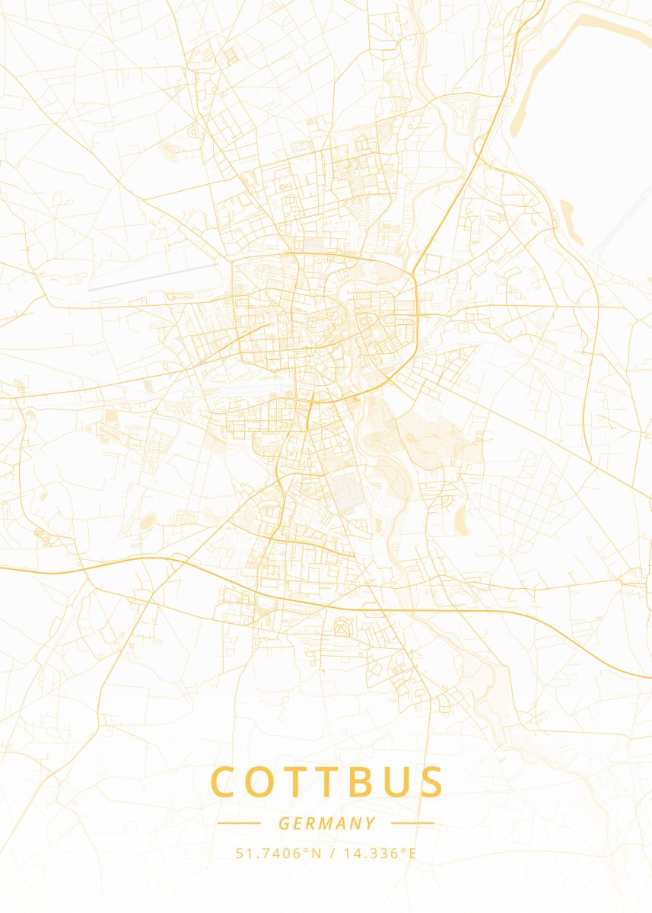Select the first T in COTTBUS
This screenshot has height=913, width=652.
click(x=299, y=782)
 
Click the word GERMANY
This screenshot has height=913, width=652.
click(x=326, y=823)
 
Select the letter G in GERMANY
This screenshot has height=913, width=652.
click(x=283, y=823)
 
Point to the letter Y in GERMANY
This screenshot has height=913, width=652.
click(x=371, y=823)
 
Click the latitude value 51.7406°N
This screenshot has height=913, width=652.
click(x=279, y=853)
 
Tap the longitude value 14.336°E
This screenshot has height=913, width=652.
click(x=380, y=853)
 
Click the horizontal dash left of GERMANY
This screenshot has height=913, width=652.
click(x=239, y=823)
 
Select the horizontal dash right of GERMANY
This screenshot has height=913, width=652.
click(x=412, y=823)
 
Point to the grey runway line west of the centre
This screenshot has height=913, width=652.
click(x=152, y=278)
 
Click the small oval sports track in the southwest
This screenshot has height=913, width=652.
click(x=148, y=522)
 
